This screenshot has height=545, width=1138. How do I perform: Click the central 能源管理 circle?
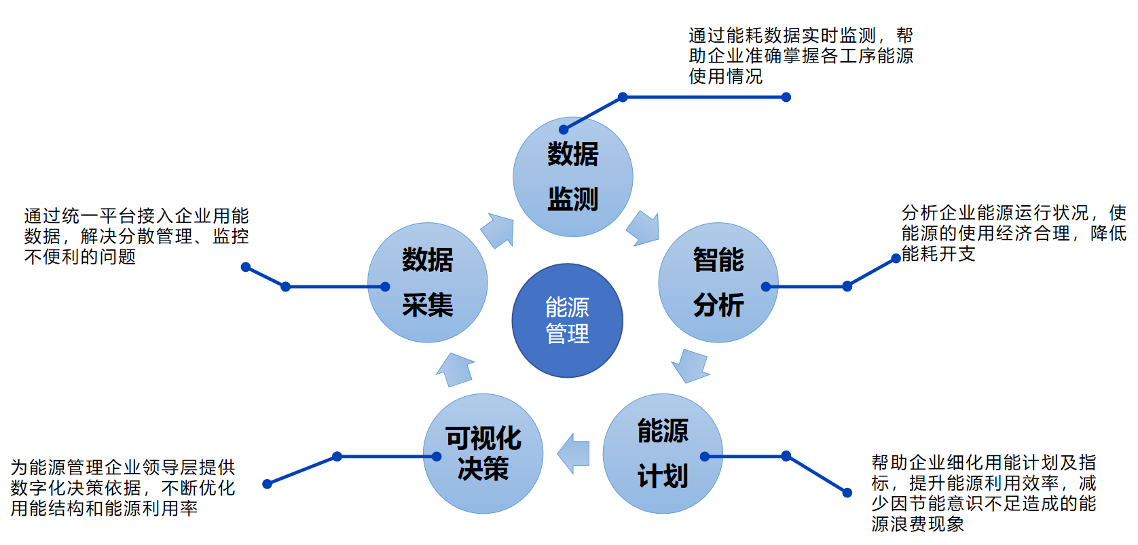coord(567,320)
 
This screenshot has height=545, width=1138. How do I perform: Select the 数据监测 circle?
coord(572,177)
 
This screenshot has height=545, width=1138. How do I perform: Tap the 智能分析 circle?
coord(718,282)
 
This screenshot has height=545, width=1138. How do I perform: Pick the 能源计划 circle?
coord(662,453)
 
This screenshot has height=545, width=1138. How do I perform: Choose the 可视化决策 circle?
coord(483,453)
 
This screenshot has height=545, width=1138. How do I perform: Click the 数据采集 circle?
coord(427,282)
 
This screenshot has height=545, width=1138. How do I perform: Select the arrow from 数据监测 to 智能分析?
coord(643,228)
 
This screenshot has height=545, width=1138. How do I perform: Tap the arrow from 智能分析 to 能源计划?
coord(691,366)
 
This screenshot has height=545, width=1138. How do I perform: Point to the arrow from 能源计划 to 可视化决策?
coord(574,453)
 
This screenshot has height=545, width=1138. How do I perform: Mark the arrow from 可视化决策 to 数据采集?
coord(456,370)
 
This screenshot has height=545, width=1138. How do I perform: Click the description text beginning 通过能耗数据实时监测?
coord(801,56)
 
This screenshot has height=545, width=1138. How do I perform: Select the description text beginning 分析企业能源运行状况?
coord(1013,233)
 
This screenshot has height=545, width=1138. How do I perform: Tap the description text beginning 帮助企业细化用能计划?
coord(983,493)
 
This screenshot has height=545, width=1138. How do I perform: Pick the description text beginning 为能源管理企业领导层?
coord(123,488)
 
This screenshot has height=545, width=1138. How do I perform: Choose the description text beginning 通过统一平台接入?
coord(136,236)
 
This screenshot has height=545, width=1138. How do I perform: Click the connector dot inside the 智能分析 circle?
coord(766,287)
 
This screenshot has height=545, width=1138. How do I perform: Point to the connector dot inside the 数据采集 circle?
coord(385,287)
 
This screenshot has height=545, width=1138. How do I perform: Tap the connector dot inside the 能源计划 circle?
coord(705,457)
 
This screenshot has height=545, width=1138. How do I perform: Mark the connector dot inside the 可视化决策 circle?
coord(437,457)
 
